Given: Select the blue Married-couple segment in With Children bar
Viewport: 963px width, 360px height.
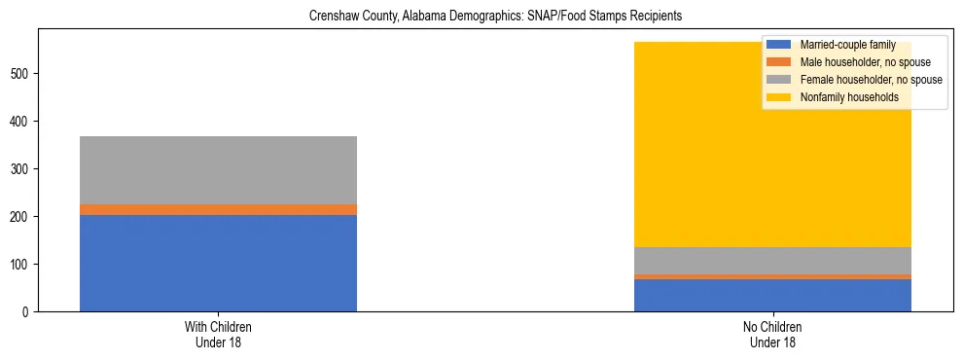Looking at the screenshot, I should (218, 263).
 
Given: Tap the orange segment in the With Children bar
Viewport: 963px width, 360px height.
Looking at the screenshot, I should (218, 209).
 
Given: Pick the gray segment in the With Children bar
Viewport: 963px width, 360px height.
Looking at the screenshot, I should (218, 170).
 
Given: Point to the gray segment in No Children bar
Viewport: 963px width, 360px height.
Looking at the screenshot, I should (772, 261).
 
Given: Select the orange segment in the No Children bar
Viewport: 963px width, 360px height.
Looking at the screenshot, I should (772, 276).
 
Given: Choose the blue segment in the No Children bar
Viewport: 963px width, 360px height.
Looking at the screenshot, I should (772, 295).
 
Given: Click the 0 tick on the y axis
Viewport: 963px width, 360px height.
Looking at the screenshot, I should (27, 312).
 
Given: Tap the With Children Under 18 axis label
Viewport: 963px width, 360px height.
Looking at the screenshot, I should (218, 334).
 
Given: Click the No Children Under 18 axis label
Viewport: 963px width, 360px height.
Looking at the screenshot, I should (772, 334).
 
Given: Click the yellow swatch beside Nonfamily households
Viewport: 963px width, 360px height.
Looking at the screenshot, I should (779, 97).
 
